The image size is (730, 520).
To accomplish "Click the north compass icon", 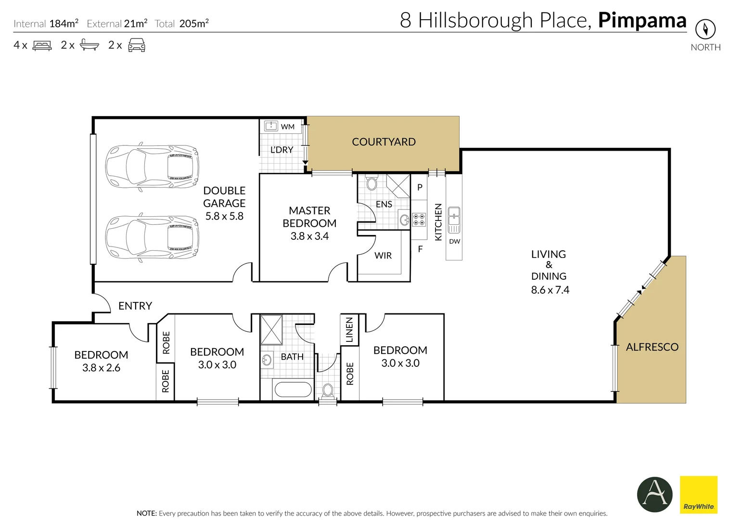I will pyautogui.click(x=705, y=30).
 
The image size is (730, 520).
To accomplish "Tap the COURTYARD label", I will pyautogui.click(x=384, y=142).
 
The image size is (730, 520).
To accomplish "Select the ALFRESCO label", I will pyautogui.click(x=652, y=347).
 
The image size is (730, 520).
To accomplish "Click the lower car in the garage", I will pyautogui.click(x=152, y=237).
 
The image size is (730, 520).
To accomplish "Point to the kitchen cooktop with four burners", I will pyautogui.click(x=419, y=220).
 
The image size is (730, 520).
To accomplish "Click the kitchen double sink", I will pyautogui.click(x=454, y=220).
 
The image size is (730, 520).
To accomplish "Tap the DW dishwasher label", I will pyautogui.click(x=454, y=242).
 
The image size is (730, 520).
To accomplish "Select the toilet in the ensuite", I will pyautogui.click(x=371, y=183).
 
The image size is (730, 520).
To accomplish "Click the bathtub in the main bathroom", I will pyautogui.click(x=292, y=390).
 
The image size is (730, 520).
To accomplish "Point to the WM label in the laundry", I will pyautogui.click(x=288, y=127).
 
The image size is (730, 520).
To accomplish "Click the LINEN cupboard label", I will pyautogui.click(x=349, y=329).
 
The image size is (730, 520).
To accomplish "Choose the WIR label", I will pyautogui.click(x=383, y=256).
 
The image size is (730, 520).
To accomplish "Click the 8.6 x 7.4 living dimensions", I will pyautogui.click(x=550, y=290).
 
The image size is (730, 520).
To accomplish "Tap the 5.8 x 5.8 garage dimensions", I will pyautogui.click(x=224, y=216).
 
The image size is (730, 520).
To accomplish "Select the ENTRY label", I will pyautogui.click(x=135, y=306).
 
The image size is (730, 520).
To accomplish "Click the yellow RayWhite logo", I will pyautogui.click(x=698, y=494).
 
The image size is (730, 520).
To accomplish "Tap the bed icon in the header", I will pyautogui.click(x=42, y=46).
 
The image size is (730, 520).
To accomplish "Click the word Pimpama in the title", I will pyautogui.click(x=642, y=20).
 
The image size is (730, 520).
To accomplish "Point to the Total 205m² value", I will pyautogui.click(x=194, y=24).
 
